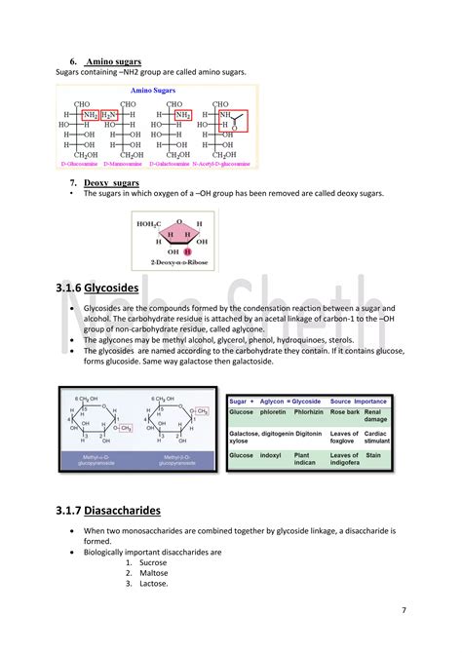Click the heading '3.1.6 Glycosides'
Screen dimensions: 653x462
(97, 289)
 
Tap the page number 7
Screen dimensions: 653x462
(404, 610)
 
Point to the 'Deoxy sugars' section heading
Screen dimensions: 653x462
(111, 183)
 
